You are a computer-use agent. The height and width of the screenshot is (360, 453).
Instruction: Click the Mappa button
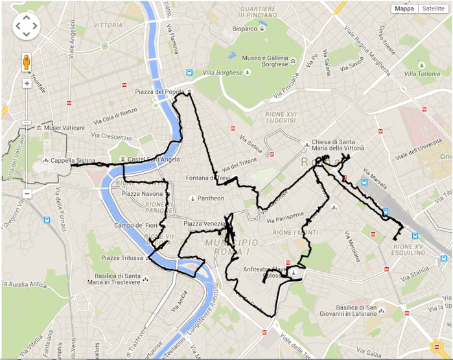(x=404, y=8)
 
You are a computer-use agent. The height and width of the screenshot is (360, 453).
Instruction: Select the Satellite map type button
(x=433, y=8)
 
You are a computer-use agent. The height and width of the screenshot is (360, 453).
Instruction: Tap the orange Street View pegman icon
(x=27, y=62)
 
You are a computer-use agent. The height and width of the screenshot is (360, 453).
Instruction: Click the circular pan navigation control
(x=27, y=25)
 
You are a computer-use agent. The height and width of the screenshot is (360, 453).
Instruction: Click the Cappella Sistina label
(x=73, y=160)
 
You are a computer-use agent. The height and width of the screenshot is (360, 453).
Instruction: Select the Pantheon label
(x=211, y=198)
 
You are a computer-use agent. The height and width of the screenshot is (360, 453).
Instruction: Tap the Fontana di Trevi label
(x=207, y=178)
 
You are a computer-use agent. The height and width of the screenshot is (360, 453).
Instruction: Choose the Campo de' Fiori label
(x=137, y=225)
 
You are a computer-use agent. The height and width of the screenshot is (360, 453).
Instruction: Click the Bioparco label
(x=245, y=29)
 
